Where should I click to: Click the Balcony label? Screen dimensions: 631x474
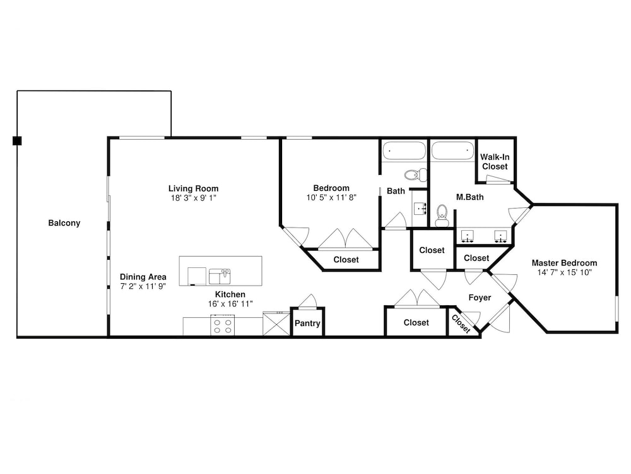(64, 223)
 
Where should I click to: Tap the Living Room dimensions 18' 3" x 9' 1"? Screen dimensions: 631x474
(194, 198)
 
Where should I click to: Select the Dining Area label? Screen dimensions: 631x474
(143, 277)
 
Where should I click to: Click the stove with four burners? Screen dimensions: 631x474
(223, 325)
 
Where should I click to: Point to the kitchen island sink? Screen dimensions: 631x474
(220, 276)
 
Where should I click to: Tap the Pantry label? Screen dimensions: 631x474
(307, 323)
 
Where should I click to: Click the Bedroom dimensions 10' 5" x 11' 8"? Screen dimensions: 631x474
(332, 197)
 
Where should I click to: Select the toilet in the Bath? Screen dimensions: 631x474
(416, 175)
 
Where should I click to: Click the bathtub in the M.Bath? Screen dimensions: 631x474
(452, 151)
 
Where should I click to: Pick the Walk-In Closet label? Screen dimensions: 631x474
(495, 162)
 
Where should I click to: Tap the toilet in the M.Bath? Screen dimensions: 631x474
(442, 216)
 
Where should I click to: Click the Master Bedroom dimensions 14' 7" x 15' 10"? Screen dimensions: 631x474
(565, 272)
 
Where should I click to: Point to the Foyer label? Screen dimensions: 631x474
(480, 298)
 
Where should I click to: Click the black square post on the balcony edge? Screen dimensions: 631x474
(17, 141)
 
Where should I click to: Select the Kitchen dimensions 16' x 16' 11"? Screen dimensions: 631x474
(230, 304)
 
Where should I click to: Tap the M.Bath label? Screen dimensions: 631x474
(470, 197)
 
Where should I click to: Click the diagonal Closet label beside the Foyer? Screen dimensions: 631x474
(461, 324)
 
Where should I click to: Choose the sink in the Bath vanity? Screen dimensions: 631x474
(420, 209)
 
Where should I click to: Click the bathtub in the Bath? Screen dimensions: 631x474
(404, 151)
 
